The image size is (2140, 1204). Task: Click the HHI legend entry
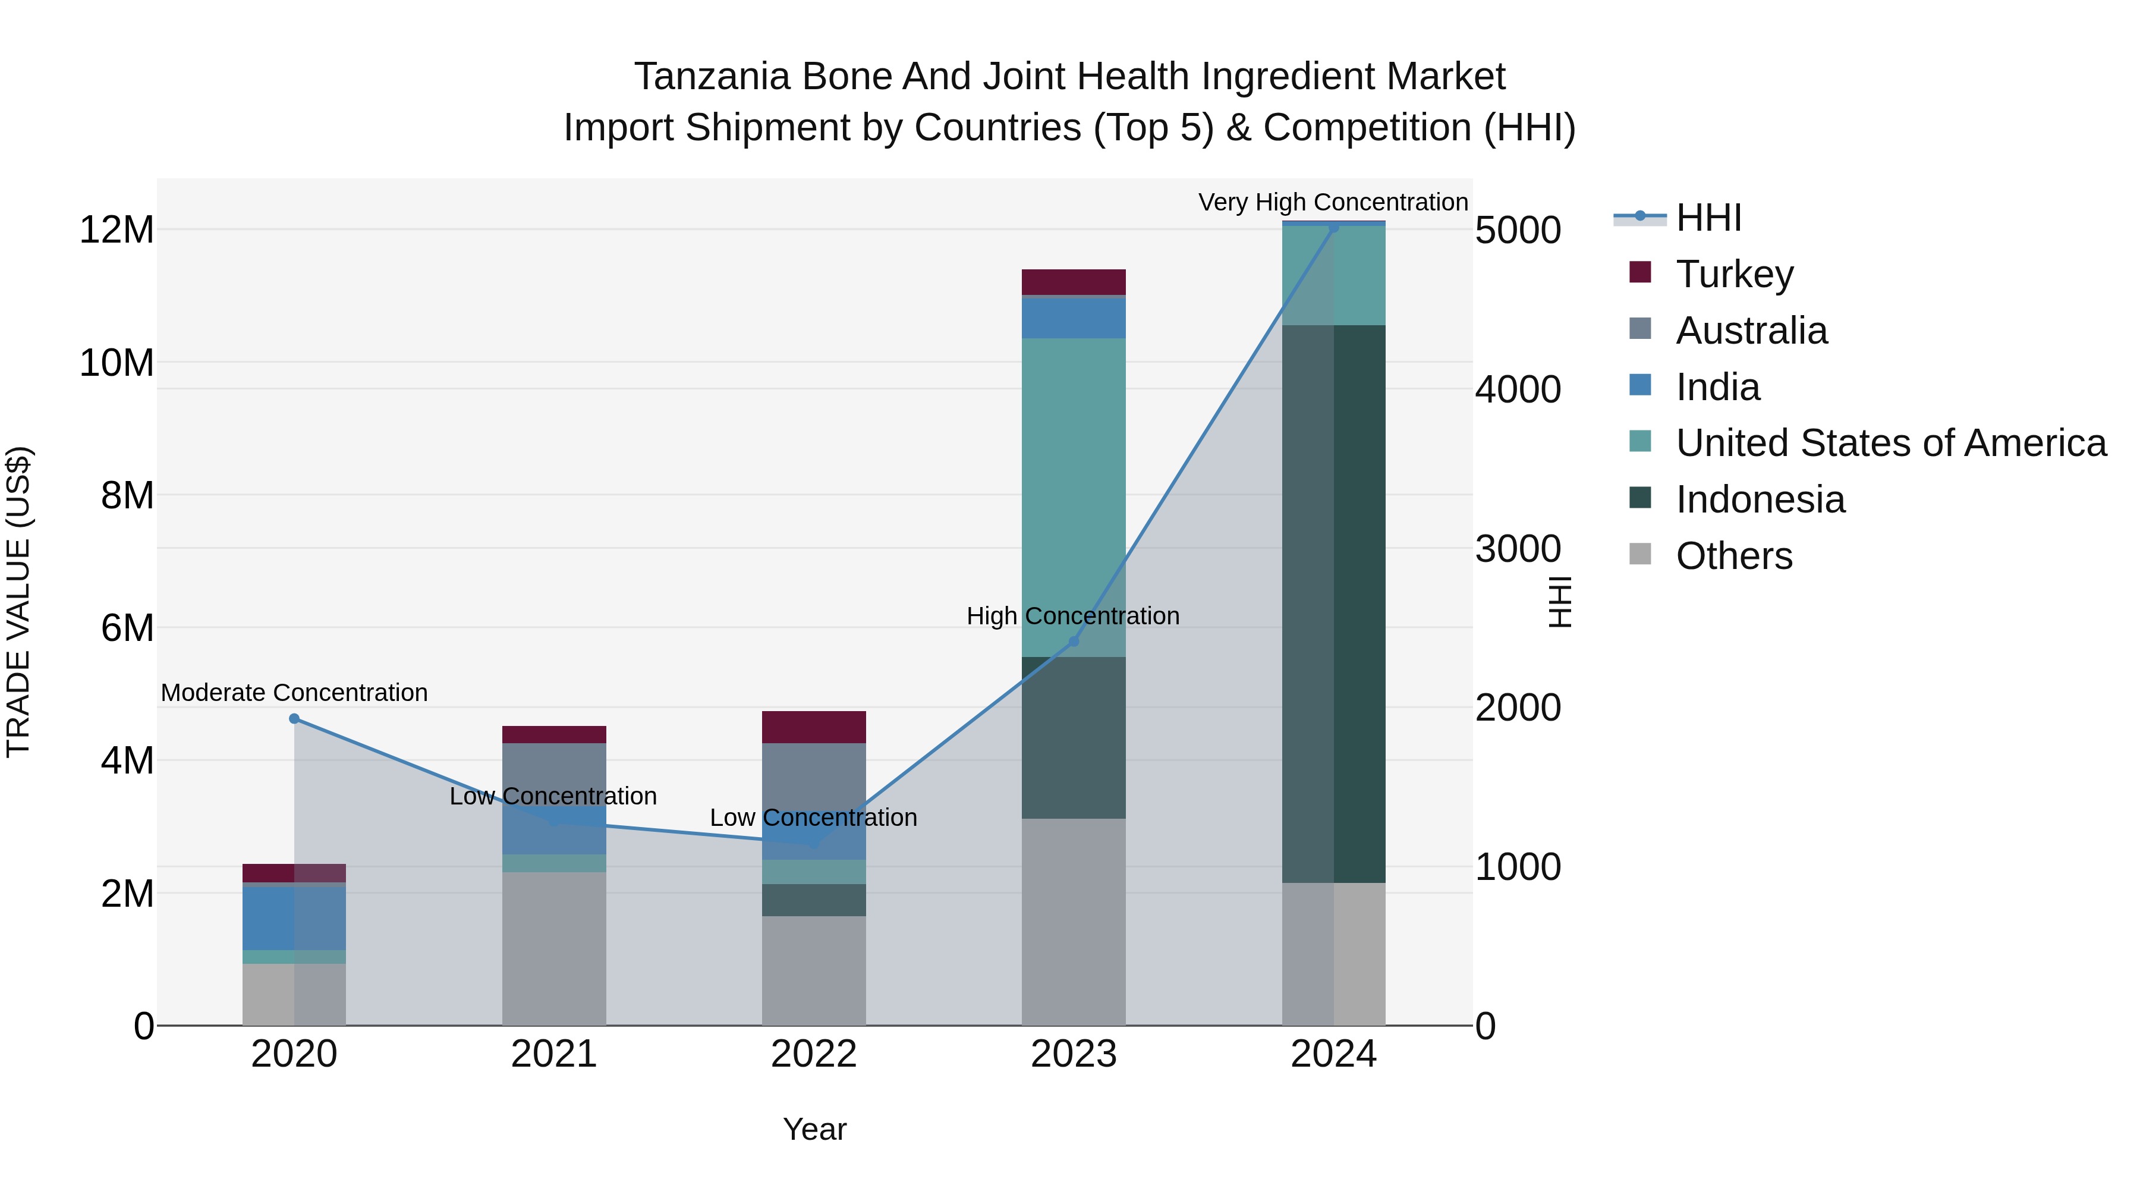coord(1707,218)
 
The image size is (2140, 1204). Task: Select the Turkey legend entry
coord(1734,274)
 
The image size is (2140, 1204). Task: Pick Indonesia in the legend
coord(1760,499)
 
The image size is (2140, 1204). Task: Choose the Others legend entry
coord(1734,556)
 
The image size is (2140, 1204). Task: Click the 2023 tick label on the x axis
coord(1074,1054)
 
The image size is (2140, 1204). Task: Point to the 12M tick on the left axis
coord(117,230)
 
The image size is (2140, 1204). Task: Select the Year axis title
coord(814,1129)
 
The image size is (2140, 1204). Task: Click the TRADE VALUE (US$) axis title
coord(18,602)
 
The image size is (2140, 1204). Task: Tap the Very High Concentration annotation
coord(1333,202)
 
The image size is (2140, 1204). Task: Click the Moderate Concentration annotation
coord(294,692)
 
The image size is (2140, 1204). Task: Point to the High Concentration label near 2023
coord(1072,616)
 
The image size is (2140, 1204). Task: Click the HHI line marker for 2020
coord(294,719)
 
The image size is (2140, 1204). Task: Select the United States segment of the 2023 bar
coord(1074,499)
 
